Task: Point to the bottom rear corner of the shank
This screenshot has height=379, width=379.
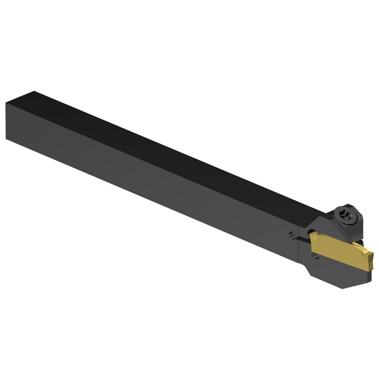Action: pos(7,138)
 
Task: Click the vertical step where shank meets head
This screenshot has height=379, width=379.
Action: pos(299,246)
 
